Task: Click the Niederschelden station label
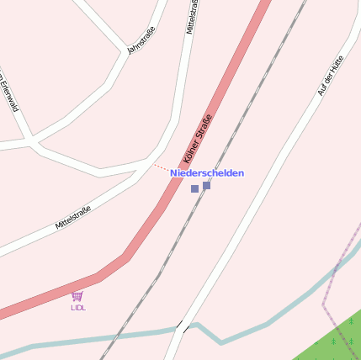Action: click(207, 173)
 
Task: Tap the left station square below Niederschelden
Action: click(194, 189)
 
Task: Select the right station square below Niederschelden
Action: click(207, 185)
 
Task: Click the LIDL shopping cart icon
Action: click(77, 296)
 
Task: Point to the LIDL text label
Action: click(78, 308)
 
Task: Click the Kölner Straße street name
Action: click(197, 139)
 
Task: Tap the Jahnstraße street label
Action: click(141, 40)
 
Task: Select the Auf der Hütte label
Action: click(332, 75)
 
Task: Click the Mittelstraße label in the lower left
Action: click(72, 218)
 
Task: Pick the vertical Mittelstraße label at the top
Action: click(192, 17)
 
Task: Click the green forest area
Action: click(337, 341)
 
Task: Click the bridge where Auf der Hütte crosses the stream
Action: click(181, 328)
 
